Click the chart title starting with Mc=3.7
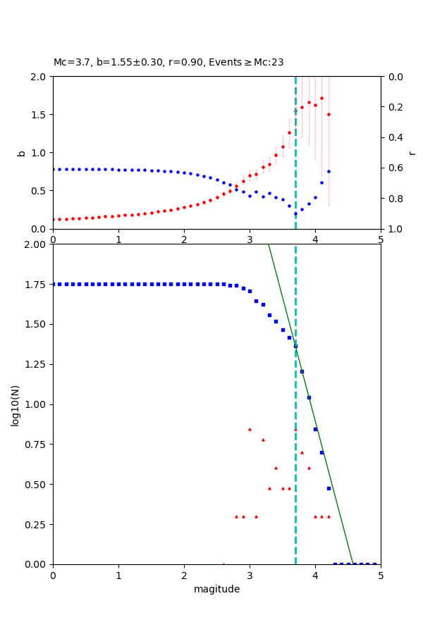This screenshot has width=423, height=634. click(168, 63)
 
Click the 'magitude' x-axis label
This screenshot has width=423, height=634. click(216, 590)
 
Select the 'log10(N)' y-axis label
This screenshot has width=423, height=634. click(16, 404)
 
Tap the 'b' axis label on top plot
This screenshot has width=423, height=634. click(21, 153)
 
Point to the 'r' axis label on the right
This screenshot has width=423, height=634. click(412, 153)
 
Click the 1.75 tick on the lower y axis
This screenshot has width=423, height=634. click(37, 285)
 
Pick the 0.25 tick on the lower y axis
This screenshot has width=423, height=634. click(37, 525)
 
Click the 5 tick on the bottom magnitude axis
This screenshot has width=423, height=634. click(381, 575)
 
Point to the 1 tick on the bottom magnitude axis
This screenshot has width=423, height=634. click(118, 575)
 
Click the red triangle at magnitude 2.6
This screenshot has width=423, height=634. click(223, 564)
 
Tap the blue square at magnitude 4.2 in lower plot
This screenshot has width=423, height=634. click(329, 488)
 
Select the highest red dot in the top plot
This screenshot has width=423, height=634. click(321, 99)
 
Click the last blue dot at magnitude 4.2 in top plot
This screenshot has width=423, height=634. click(329, 171)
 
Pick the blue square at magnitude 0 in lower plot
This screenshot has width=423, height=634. click(54, 284)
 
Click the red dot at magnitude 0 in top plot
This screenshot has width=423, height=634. click(54, 219)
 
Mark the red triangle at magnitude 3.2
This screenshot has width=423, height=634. click(263, 440)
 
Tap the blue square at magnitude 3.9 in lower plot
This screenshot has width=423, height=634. click(309, 397)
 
